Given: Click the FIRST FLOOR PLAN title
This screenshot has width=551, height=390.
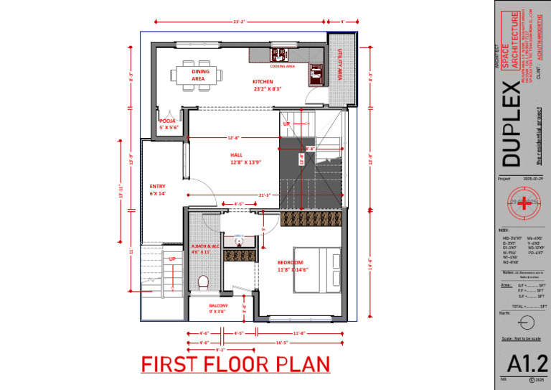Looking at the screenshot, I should (235, 364).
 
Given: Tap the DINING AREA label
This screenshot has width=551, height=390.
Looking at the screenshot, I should (199, 75).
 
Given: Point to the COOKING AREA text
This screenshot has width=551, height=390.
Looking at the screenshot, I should (283, 66).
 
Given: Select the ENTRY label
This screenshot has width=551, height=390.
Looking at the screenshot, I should (157, 190).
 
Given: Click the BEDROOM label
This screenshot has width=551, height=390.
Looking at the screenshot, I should (293, 266).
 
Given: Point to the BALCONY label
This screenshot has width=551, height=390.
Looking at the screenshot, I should (218, 308).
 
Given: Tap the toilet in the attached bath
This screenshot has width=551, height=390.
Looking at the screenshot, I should (202, 282).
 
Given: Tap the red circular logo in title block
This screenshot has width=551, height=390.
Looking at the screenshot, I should (527, 204).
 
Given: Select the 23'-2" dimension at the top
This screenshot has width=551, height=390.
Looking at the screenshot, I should (240, 22).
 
